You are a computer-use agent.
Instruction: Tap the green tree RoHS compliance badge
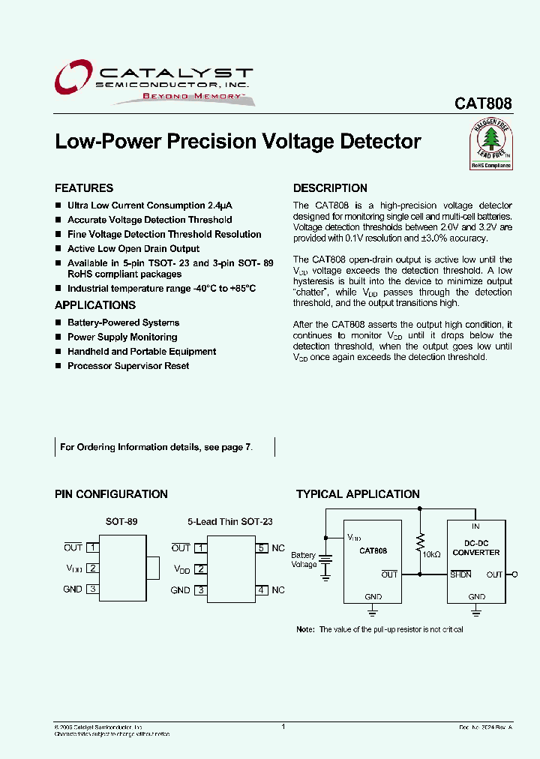[490, 145]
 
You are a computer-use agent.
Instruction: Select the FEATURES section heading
[84, 188]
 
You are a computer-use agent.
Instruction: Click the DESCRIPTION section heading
[330, 188]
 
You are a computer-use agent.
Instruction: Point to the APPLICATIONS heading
[95, 305]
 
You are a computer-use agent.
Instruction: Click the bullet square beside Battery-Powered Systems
[58, 323]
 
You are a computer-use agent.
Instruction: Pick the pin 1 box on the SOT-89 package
[92, 547]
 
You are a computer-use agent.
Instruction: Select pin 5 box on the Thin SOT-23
[262, 547]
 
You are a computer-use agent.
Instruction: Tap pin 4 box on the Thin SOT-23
[262, 590]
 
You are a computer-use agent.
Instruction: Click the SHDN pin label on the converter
[460, 575]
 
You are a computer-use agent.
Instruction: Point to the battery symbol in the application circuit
[325, 562]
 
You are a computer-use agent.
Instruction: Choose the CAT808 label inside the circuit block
[373, 550]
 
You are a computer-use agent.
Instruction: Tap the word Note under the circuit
[305, 629]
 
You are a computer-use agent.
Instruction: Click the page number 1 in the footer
[283, 726]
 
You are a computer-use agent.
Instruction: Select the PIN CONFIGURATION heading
[111, 494]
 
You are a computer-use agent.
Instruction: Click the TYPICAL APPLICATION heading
[358, 494]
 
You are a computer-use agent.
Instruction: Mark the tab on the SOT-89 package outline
[153, 568]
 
